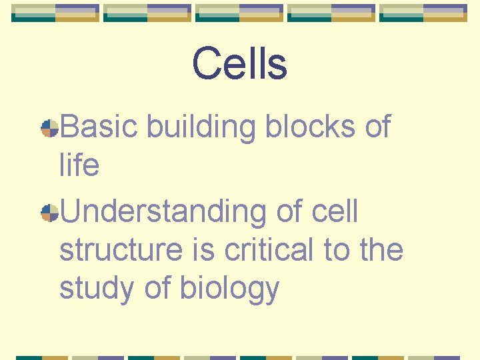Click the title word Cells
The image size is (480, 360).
pyautogui.click(x=239, y=64)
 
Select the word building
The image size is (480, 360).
pyautogui.click(x=201, y=127)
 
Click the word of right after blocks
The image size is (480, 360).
pyautogui.click(x=377, y=127)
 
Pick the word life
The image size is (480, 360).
pyautogui.click(x=79, y=165)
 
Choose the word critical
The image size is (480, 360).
pyautogui.click(x=269, y=250)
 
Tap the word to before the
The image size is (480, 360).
pyautogui.click(x=337, y=250)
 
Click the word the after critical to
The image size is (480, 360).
pyautogui.click(x=381, y=250)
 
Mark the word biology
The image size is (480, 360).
pyautogui.click(x=229, y=289)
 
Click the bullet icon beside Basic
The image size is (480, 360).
pyautogui.click(x=49, y=128)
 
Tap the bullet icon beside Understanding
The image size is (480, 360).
pyautogui.click(x=49, y=213)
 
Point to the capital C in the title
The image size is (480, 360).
pyautogui.click(x=207, y=64)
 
